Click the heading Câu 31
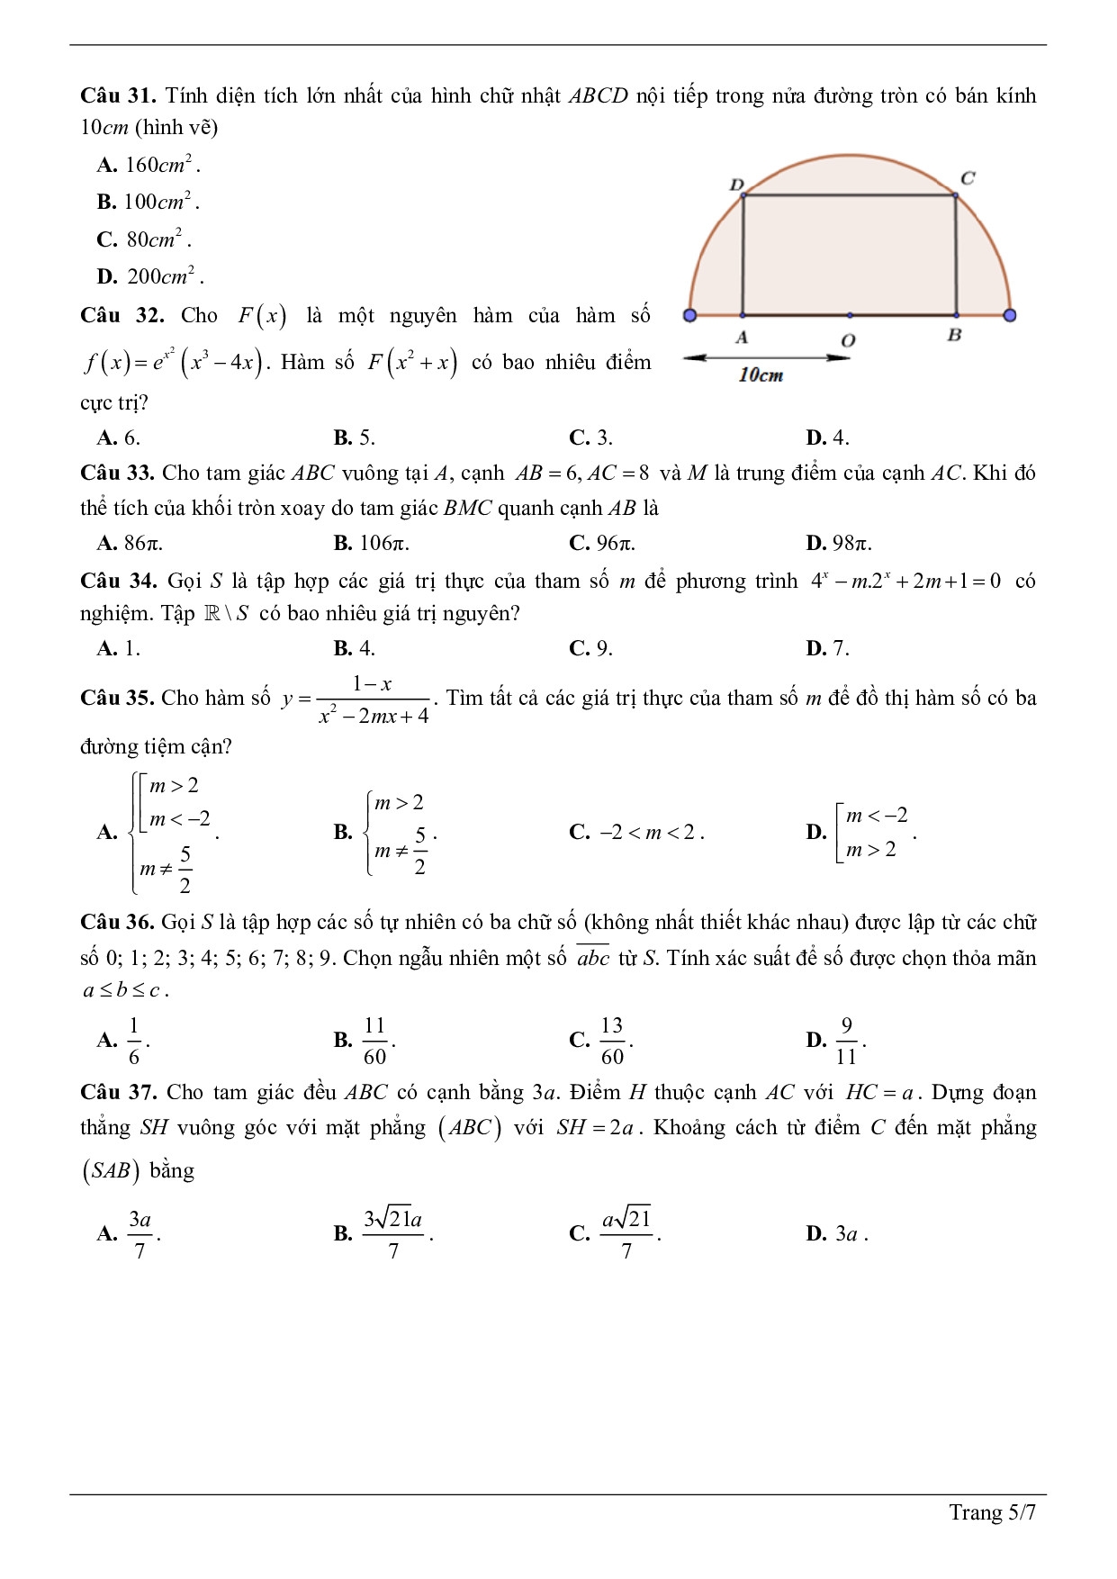[118, 95]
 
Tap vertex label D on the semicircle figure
[736, 185]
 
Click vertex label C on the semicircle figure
[968, 178]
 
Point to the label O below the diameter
[848, 340]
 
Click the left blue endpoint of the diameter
[689, 315]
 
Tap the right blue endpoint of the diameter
[1010, 315]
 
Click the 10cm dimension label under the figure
[761, 375]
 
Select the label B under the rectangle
[954, 335]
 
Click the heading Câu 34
[118, 581]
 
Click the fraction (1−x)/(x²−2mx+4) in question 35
[374, 699]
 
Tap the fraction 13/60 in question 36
[612, 1041]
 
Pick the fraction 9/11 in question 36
[846, 1041]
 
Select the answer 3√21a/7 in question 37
[393, 1233]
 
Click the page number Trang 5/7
[992, 1512]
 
